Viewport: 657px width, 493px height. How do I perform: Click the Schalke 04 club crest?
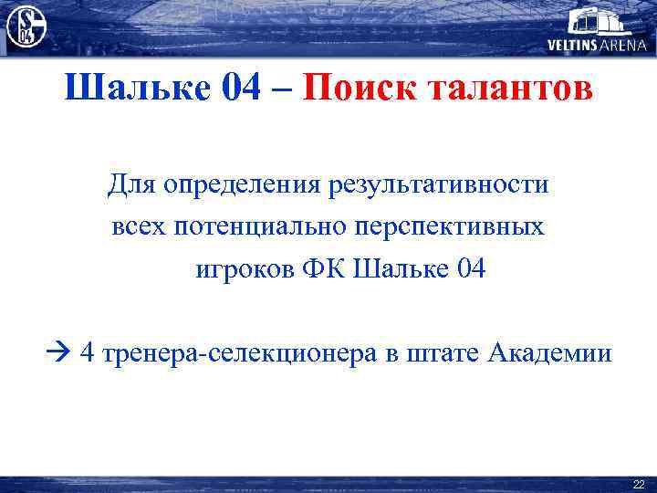tap(26, 26)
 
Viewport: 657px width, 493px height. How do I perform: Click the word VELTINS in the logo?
tap(573, 45)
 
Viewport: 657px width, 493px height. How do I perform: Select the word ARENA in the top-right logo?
tap(624, 45)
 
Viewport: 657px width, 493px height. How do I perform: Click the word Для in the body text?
tap(132, 185)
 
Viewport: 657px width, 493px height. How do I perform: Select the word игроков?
tap(243, 269)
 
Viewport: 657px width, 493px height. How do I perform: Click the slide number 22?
tap(638, 484)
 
